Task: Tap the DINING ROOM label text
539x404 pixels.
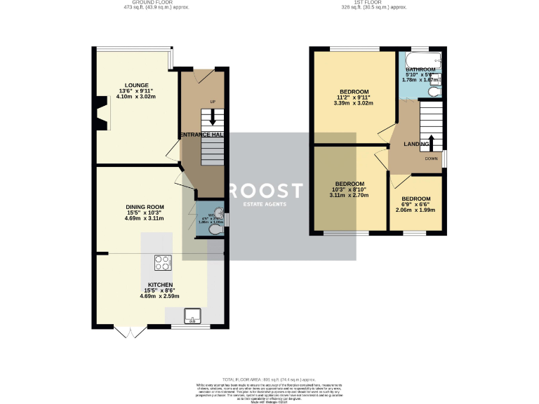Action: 145,207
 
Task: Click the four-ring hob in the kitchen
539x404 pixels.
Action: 163,263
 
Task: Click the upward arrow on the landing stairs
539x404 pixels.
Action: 431,143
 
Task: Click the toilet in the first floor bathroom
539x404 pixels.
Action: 435,90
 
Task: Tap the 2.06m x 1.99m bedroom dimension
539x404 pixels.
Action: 415,210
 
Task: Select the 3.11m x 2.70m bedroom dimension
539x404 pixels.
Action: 349,196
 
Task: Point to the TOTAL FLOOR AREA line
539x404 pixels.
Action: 269,379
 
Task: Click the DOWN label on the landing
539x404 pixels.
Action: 431,159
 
